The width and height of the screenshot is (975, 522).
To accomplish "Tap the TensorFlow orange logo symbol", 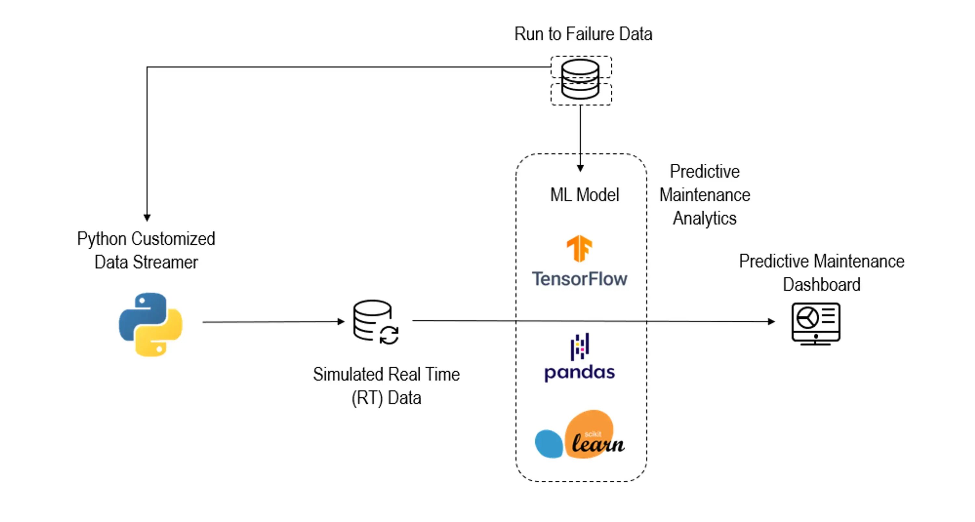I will point(579,248).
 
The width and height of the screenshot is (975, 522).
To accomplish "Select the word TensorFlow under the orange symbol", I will point(579,279).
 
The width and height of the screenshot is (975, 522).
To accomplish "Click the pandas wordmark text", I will point(579,373).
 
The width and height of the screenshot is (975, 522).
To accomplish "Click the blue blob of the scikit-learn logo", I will point(549,443).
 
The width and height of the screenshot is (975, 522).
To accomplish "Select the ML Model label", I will point(584,195).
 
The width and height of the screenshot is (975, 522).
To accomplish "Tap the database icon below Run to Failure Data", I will point(580,80).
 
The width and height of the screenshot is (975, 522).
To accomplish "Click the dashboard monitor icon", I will point(816,324).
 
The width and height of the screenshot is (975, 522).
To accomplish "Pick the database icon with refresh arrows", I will point(375,322).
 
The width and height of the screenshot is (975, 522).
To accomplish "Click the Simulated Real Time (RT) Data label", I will point(386,386).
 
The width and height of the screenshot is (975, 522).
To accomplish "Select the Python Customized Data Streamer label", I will point(146,250).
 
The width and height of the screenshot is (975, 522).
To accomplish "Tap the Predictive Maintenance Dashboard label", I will point(821,273).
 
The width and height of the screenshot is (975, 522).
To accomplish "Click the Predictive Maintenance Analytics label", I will point(704,195).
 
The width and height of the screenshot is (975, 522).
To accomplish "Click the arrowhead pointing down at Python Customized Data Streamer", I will point(147,218).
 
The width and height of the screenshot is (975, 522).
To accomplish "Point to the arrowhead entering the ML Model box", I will point(580,168).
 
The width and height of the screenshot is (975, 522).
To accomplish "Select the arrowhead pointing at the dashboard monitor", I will point(771,322).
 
